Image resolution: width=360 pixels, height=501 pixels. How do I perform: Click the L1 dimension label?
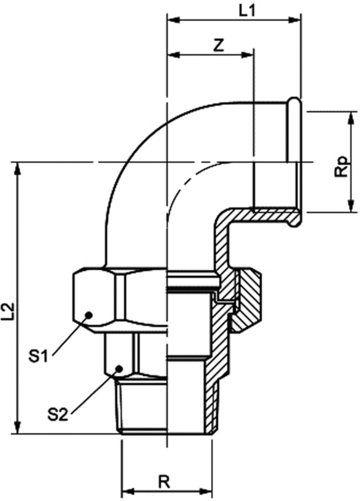click(x=247, y=11)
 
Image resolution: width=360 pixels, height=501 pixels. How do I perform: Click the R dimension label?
click(x=164, y=482)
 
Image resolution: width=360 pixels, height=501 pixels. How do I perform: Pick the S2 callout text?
click(x=57, y=415)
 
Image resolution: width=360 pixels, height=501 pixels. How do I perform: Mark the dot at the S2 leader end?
click(x=120, y=368)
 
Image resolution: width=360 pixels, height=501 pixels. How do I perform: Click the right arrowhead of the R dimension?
click(x=207, y=491)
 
